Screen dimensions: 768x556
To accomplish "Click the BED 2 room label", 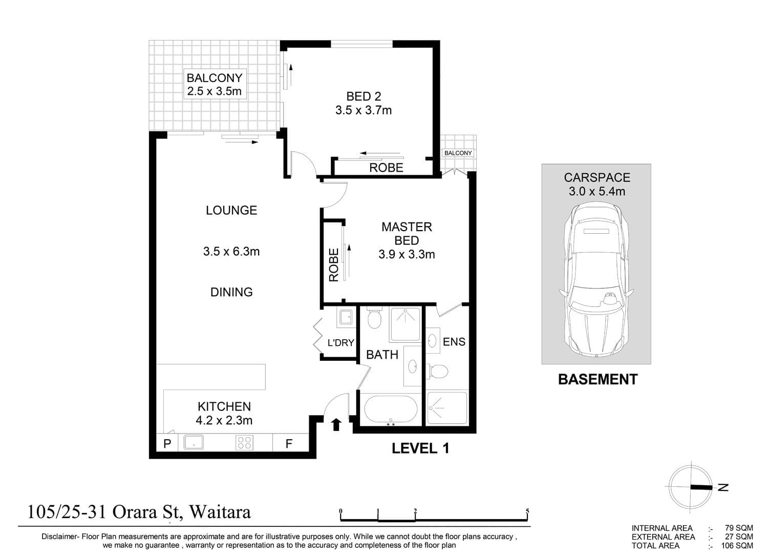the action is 364,96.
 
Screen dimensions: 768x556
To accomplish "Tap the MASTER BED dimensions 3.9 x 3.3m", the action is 407,254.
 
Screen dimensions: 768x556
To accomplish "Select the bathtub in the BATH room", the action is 391,409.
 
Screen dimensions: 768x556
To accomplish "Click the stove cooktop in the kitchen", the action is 244,442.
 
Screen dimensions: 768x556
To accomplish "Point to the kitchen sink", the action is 194,442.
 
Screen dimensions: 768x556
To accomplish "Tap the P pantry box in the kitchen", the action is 167,443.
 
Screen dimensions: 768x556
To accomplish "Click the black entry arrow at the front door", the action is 336,424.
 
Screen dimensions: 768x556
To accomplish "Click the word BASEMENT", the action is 598,380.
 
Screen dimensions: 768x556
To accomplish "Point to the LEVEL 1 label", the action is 420,448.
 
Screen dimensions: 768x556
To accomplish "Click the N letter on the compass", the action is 723,487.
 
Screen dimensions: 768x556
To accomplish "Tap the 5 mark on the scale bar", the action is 527,511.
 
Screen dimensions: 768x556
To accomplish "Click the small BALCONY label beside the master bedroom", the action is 458,153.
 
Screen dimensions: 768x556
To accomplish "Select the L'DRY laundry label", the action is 341,342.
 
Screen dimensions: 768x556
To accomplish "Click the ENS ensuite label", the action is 454,342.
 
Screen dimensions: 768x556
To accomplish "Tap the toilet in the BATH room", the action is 374,318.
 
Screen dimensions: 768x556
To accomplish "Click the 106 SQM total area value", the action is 737,546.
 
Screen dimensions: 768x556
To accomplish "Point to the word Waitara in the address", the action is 220,512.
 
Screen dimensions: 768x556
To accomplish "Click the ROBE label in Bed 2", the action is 386,168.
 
